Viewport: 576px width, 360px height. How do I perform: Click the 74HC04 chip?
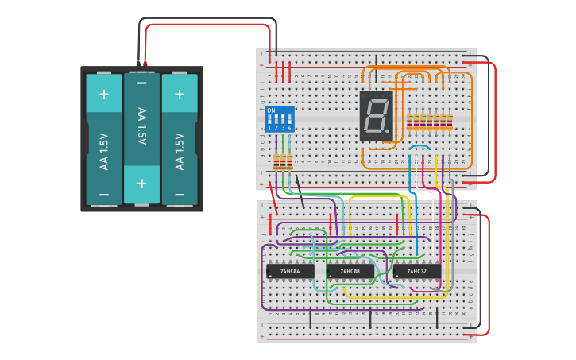(284, 271)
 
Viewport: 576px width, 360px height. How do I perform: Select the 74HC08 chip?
(350, 271)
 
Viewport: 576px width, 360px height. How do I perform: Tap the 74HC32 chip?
(416, 271)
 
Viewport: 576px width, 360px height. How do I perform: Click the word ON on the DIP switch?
(271, 110)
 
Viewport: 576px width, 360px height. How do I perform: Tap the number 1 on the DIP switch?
(269, 128)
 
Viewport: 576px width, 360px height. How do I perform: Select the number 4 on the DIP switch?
(289, 128)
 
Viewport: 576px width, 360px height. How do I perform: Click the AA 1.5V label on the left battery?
(104, 151)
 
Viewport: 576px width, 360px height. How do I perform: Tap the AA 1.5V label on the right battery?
(180, 151)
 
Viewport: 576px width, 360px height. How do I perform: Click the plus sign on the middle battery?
(141, 184)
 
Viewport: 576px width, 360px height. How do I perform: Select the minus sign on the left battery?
(104, 195)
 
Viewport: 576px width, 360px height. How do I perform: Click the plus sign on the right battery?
(180, 94)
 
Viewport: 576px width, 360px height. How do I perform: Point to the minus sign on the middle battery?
(141, 83)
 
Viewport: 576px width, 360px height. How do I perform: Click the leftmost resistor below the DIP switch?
(276, 163)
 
